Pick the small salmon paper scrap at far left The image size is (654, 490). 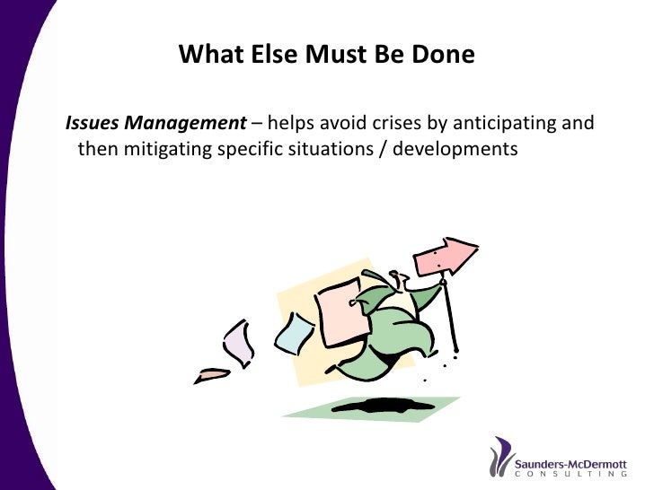click(213, 372)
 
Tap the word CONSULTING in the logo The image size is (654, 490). click(570, 474)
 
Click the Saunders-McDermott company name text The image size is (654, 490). click(570, 458)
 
